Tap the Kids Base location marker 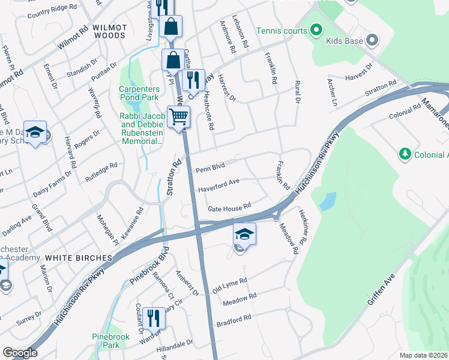(372, 41)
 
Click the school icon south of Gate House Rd (244, 233)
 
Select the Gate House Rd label (229, 208)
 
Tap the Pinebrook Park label (106, 341)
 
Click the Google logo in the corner (20, 353)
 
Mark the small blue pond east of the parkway (328, 201)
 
